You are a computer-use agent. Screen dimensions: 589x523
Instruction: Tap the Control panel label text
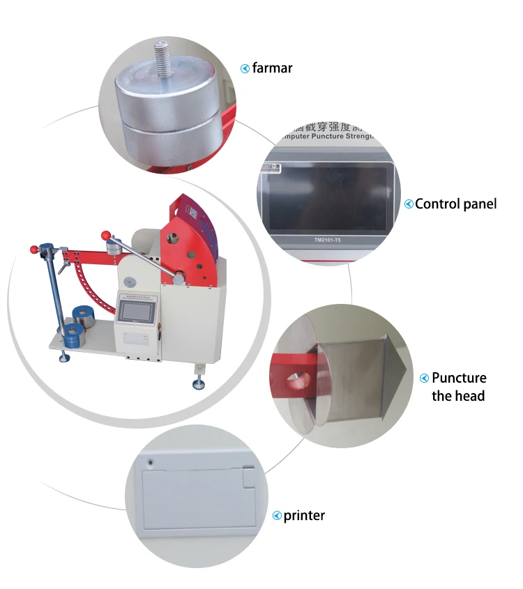(455, 204)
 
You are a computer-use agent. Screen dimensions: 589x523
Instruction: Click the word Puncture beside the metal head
(459, 378)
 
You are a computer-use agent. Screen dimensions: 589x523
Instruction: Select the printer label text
(304, 516)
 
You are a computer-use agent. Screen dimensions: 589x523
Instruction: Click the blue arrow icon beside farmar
(245, 68)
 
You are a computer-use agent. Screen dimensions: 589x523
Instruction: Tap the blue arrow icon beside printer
(277, 517)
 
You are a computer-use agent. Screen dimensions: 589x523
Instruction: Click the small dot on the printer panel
(151, 461)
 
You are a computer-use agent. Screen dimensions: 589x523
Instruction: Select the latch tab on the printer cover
(248, 477)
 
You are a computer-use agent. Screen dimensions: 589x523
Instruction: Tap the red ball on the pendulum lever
(107, 235)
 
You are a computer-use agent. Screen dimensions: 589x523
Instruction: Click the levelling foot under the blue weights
(63, 358)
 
